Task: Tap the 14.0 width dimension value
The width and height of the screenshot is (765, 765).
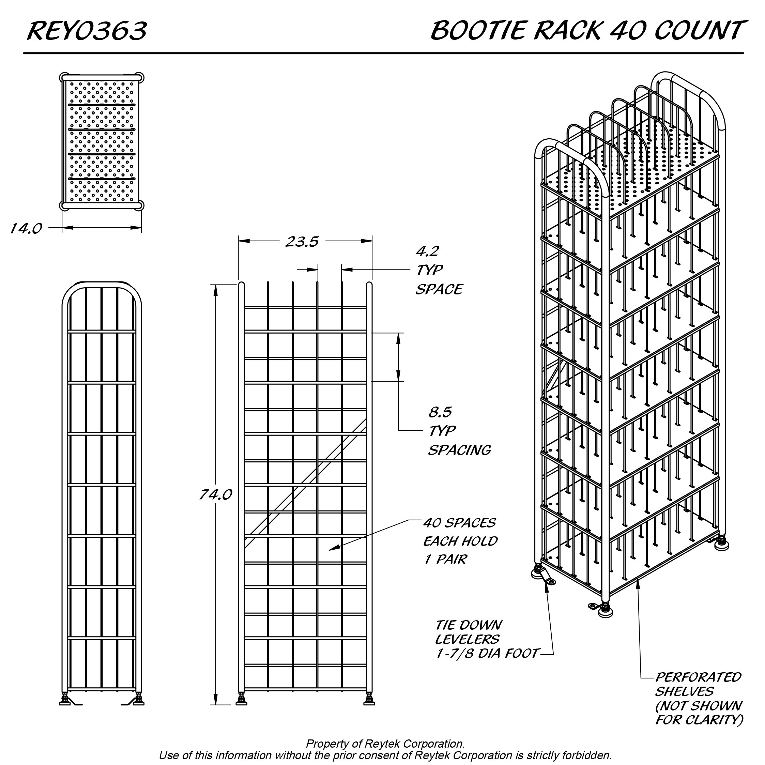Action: [x=26, y=228]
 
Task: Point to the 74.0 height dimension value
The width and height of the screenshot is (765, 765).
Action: [x=215, y=494]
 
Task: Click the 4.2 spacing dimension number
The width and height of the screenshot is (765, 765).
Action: [x=427, y=251]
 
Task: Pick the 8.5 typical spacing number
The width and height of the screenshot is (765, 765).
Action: [x=440, y=412]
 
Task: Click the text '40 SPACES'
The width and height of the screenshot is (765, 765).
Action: [x=459, y=523]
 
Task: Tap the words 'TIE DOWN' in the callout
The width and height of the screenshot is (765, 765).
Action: [x=469, y=625]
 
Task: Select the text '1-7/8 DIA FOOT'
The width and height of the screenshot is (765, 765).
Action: [x=487, y=653]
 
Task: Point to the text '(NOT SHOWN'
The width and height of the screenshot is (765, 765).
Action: [x=699, y=706]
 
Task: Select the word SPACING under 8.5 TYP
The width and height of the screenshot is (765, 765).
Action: [x=459, y=450]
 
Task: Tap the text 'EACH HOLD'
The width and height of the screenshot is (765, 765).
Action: [x=460, y=541]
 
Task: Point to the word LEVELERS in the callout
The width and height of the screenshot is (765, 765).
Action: [x=467, y=639]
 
